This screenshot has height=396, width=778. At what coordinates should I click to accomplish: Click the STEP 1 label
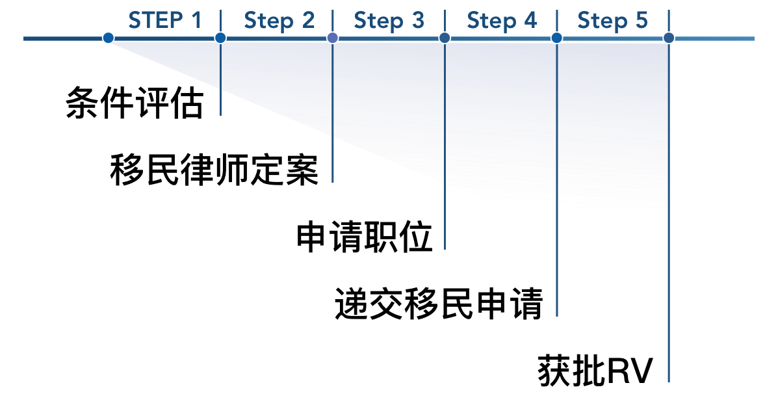pos(165,21)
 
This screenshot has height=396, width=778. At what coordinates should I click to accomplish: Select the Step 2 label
pos(279,21)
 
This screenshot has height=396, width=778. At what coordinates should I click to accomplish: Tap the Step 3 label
pos(389,21)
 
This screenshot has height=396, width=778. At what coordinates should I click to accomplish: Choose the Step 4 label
pos(502,21)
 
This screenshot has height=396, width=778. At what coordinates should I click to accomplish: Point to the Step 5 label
pos(612,21)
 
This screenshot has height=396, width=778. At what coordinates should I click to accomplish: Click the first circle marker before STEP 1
pos(109,38)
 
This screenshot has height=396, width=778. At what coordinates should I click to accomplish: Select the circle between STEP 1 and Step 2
pos(220,38)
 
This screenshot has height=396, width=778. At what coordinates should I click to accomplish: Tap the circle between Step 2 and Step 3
pos(333,38)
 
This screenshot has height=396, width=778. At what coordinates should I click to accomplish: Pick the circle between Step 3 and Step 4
pos(445,38)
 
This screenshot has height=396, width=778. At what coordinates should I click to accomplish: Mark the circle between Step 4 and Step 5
pos(557,38)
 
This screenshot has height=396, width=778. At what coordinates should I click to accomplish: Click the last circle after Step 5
pos(669,38)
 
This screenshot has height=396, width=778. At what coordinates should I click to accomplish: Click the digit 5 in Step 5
pos(642,21)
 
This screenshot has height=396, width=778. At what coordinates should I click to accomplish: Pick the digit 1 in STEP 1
pos(196,21)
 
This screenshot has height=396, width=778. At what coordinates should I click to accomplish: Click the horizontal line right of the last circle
pos(715,39)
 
